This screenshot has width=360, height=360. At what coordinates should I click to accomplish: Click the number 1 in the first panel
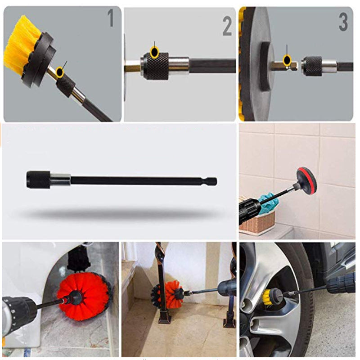(111, 18)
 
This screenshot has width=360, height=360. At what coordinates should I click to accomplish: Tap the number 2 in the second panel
(227, 27)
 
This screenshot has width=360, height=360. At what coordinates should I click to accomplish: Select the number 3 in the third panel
(343, 22)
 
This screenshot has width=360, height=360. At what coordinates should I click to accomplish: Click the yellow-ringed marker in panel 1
(60, 72)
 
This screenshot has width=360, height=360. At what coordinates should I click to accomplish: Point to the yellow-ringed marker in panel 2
(154, 52)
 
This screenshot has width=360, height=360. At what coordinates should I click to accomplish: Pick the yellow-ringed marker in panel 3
(287, 60)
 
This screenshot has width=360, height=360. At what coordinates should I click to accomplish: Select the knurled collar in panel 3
(311, 65)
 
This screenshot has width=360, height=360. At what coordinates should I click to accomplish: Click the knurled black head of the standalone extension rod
(38, 180)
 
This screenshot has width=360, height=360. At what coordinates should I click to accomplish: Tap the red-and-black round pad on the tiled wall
(306, 178)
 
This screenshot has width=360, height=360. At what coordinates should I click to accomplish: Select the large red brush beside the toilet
(85, 296)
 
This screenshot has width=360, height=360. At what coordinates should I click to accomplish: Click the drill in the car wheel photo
(340, 285)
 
